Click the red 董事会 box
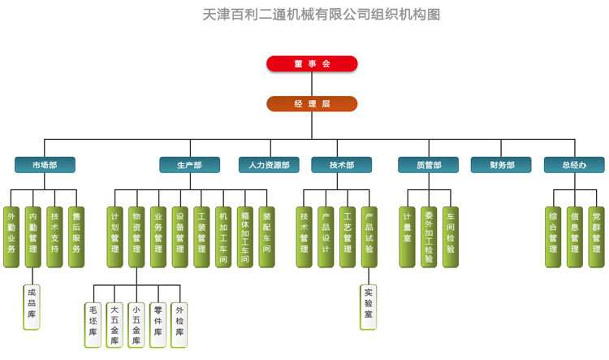tap(312, 63)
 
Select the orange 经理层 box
tap(312, 104)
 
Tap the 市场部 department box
tap(45, 165)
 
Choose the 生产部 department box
tap(189, 165)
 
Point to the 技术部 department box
tap(341, 165)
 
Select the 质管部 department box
tap(428, 165)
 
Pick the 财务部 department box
tap(501, 165)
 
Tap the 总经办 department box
tap(574, 165)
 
